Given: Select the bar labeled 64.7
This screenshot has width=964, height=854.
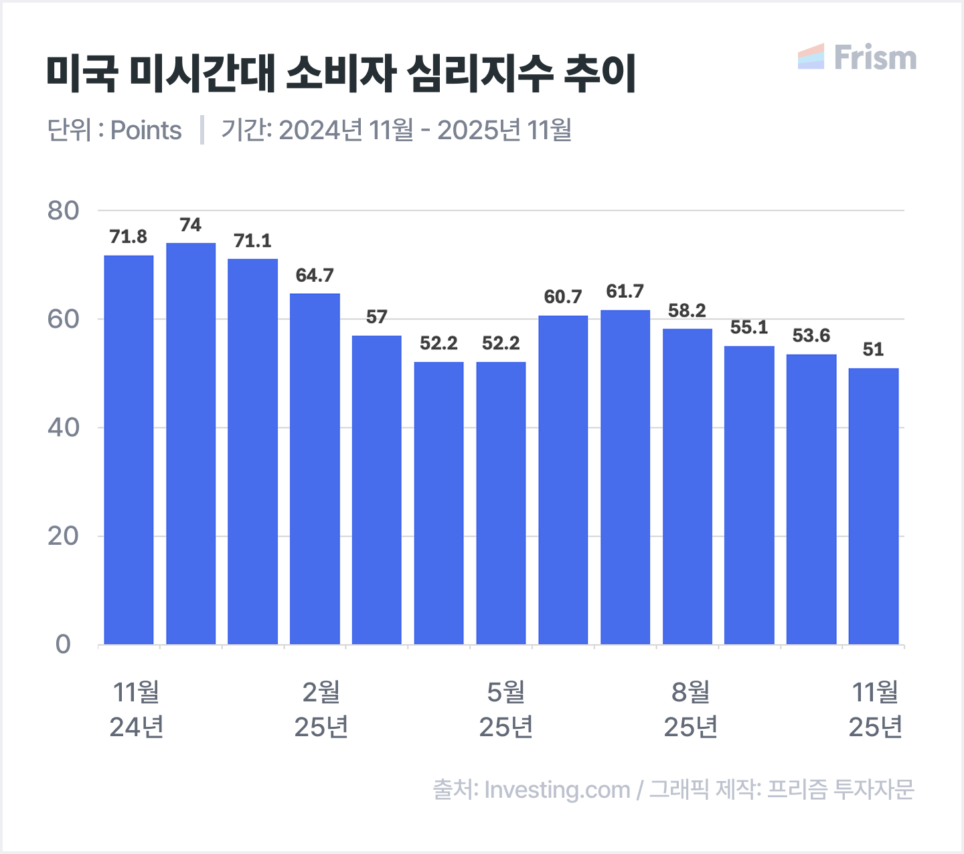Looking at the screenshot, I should pos(315,468).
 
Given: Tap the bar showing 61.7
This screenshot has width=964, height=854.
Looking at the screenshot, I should pos(625,477).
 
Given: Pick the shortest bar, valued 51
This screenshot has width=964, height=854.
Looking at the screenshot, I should pos(874,506).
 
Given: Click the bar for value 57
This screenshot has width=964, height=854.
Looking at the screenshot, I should pos(377,490).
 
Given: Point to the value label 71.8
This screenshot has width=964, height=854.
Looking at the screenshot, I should pos(129,237).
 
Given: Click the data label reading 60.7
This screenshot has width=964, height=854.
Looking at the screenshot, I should pos(563,297).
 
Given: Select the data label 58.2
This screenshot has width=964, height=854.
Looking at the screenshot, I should pos(687,311).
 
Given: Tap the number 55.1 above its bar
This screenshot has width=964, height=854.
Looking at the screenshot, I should pos(749,328).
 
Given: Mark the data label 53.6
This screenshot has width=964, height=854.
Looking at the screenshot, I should pos(811,336).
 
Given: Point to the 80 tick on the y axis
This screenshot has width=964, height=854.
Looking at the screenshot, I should pos(63,211).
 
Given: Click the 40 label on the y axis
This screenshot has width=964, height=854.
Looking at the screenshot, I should pos(63,428).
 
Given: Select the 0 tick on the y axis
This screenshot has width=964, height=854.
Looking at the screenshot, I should pos(63,645).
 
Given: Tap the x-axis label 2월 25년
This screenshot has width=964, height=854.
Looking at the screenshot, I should pos(321,709).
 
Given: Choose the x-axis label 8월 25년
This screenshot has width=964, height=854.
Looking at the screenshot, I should pos(691,709).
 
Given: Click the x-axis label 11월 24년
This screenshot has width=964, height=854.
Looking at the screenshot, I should pos(137,709).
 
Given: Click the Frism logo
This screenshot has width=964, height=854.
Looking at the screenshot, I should pos(858,58).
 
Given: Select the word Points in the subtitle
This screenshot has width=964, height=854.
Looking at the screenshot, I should pos(146,131).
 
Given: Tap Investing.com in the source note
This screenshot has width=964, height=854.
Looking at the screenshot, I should pos(557,790).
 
